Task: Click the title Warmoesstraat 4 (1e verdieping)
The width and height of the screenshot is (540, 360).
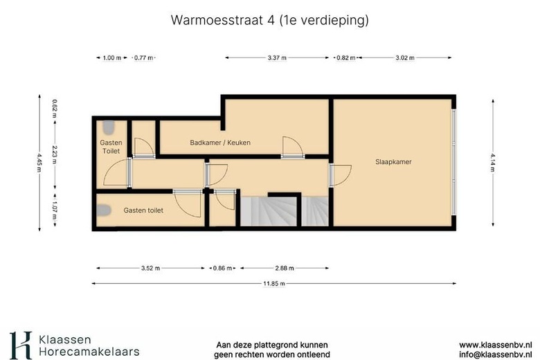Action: (269, 20)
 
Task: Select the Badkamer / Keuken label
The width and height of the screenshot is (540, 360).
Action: (220, 143)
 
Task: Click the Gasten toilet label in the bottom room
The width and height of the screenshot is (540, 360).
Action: (143, 210)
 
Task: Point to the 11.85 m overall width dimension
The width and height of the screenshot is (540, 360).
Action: (273, 282)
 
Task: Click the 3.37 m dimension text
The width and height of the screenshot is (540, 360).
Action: (278, 58)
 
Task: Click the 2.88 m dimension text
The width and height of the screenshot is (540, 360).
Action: (283, 268)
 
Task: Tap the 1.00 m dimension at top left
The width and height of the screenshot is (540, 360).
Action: (112, 58)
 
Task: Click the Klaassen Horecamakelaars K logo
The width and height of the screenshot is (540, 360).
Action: (20, 344)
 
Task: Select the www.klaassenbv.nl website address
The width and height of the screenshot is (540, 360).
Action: (495, 344)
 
